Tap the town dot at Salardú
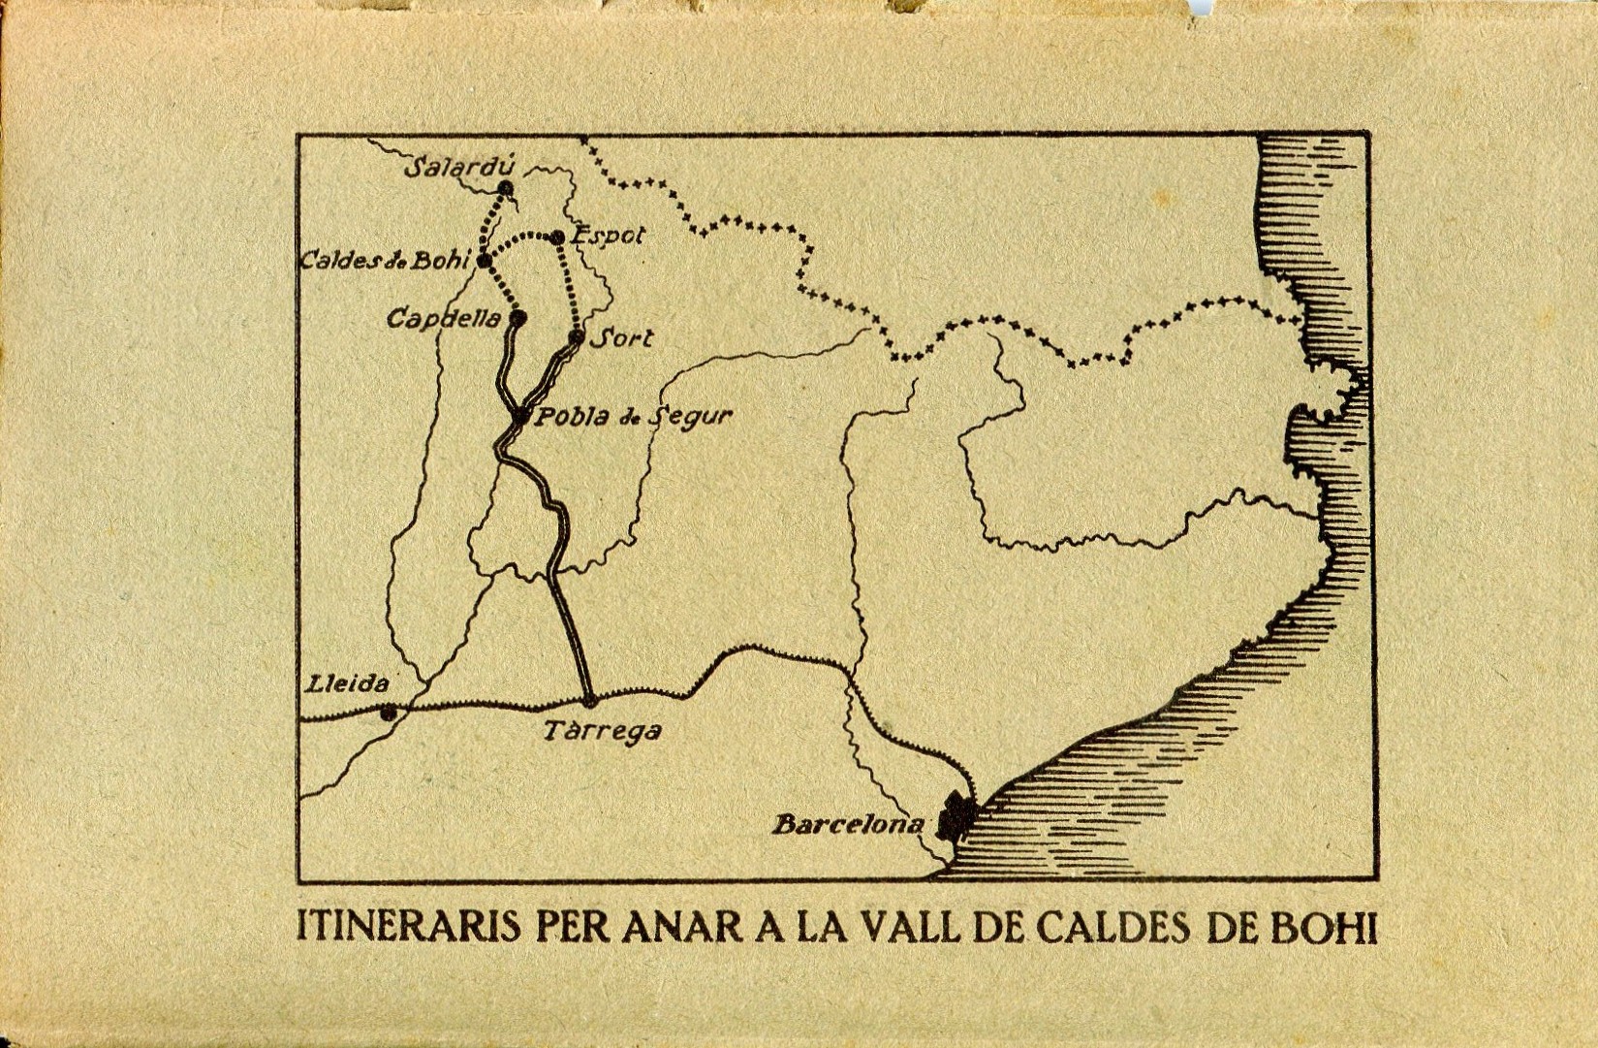click(505, 188)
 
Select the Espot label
click(609, 236)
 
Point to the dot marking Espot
click(557, 238)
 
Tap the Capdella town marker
click(518, 317)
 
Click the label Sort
click(621, 338)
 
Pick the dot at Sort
click(577, 337)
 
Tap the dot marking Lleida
click(389, 714)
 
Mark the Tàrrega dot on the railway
click(589, 699)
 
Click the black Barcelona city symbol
click(954, 819)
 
